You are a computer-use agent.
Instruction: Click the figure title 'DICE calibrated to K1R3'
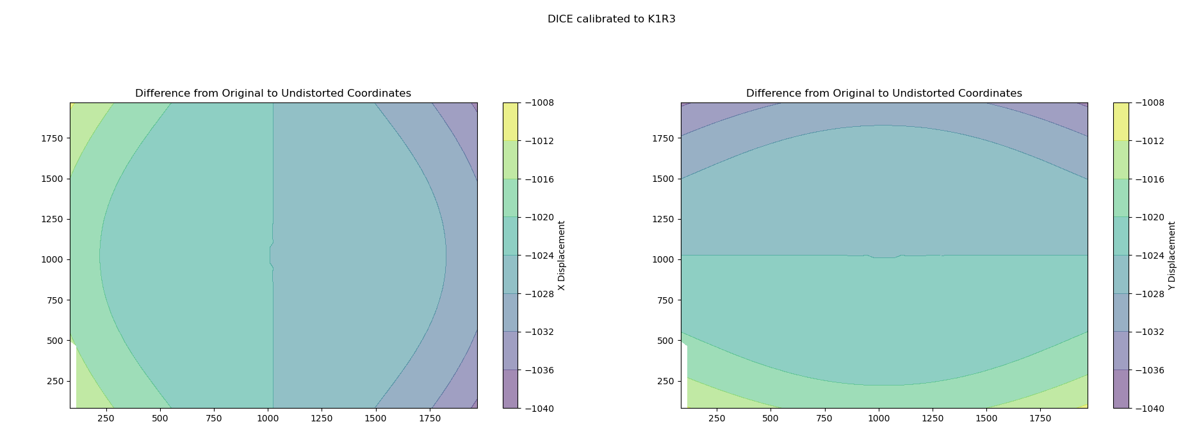611,19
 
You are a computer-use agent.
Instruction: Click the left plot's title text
273,94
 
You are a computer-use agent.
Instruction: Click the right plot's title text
884,94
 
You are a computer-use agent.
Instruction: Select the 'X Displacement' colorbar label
562,256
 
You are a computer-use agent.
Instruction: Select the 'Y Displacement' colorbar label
1172,256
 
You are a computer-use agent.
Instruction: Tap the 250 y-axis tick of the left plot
55,381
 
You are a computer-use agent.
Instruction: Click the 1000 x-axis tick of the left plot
268,418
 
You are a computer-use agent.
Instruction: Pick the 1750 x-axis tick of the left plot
429,418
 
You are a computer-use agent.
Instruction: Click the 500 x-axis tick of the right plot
771,418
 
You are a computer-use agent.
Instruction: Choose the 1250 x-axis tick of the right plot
933,418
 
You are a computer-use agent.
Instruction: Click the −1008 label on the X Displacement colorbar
539,102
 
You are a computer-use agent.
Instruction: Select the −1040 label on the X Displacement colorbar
539,408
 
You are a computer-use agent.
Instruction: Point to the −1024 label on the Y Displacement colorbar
1150,256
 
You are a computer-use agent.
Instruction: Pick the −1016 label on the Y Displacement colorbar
1150,179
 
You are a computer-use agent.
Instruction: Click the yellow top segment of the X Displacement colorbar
510,121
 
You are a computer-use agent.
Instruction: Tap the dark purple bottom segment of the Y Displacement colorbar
1121,389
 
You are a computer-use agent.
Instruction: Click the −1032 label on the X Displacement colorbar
539,332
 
